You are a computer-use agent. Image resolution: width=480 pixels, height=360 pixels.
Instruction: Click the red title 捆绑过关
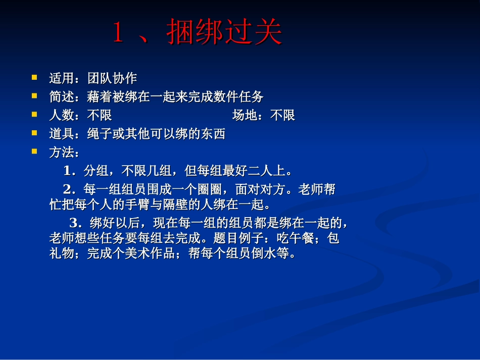click(225, 33)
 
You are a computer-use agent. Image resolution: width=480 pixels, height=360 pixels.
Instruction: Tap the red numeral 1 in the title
click(118, 34)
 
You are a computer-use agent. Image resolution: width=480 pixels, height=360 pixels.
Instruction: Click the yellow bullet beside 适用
click(34, 78)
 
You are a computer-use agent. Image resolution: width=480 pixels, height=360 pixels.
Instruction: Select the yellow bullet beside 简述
click(34, 95)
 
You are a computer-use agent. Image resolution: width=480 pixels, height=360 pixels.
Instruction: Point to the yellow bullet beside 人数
click(34, 114)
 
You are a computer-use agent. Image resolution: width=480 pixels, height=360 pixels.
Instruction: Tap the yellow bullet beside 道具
click(34, 133)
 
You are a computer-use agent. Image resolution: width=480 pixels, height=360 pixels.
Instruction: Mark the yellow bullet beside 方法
click(34, 151)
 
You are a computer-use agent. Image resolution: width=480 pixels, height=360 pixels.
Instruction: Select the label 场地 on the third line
click(245, 116)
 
